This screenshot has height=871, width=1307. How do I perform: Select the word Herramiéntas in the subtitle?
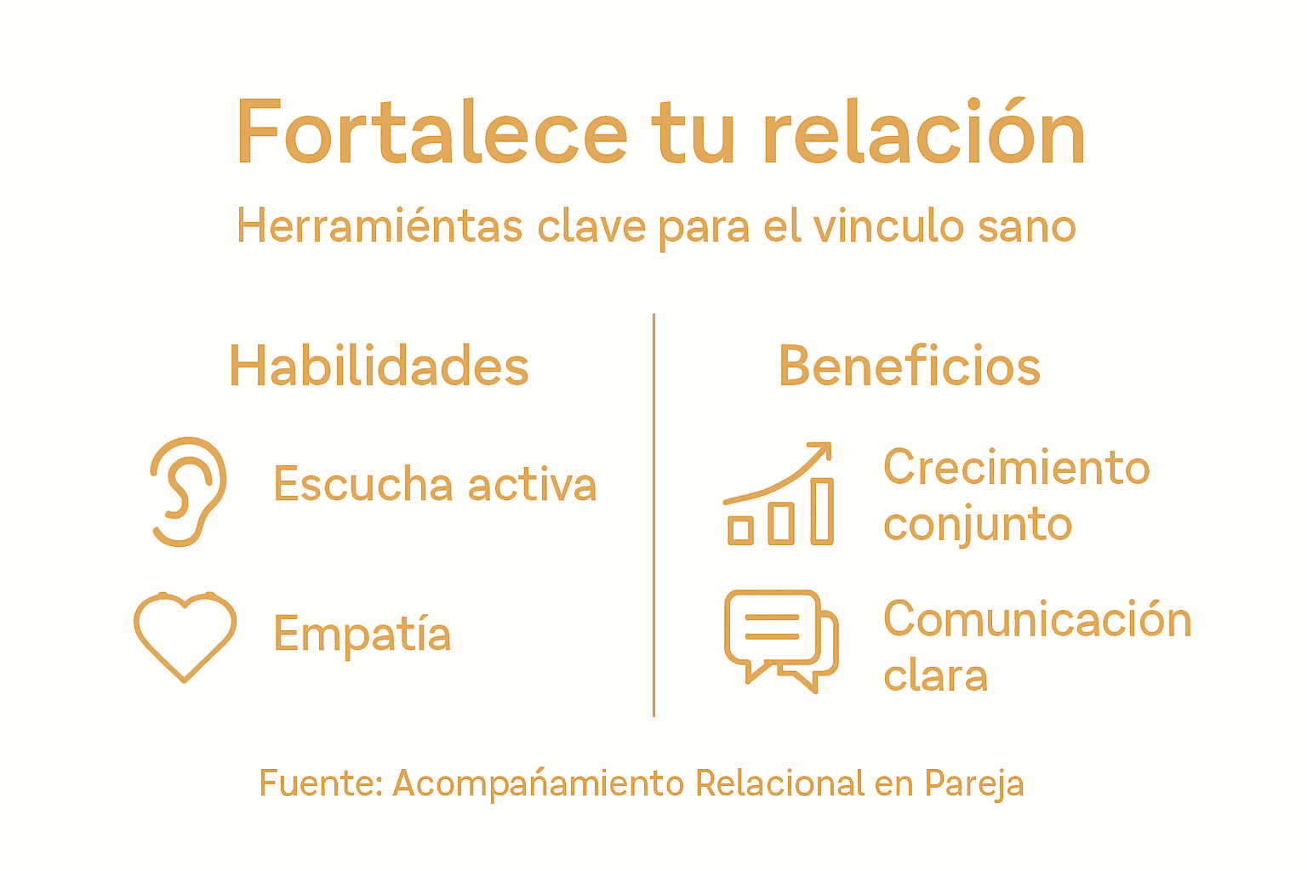pyautogui.click(x=380, y=226)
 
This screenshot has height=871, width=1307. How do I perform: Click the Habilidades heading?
pyautogui.click(x=379, y=367)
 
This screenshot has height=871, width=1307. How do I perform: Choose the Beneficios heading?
pyautogui.click(x=909, y=367)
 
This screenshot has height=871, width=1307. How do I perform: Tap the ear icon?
pyautogui.click(x=188, y=491)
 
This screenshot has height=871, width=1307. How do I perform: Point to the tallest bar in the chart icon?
pyautogui.click(x=821, y=510)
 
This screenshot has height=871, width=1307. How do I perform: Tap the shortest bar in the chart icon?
pyautogui.click(x=740, y=530)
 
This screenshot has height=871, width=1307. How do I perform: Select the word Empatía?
pyautogui.click(x=362, y=635)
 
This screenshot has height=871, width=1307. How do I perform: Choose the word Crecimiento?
pyautogui.click(x=1016, y=468)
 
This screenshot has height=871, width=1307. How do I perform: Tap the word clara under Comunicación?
pyautogui.click(x=935, y=676)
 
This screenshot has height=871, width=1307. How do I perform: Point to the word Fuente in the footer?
pyautogui.click(x=320, y=783)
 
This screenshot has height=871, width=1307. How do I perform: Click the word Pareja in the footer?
pyautogui.click(x=973, y=783)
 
